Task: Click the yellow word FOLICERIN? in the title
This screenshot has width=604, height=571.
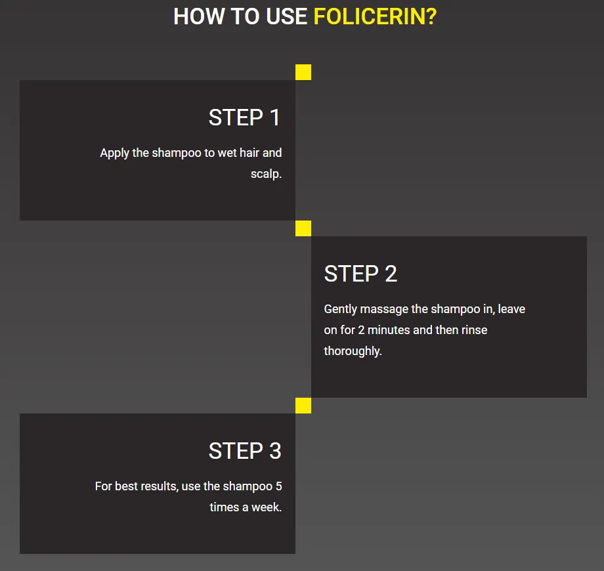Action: pos(375,16)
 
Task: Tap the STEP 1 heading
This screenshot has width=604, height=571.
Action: pos(244,118)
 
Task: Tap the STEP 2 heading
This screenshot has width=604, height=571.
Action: pos(360,274)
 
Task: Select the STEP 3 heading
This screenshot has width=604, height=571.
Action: pos(244,452)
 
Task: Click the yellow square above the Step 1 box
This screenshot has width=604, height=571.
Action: pos(303,72)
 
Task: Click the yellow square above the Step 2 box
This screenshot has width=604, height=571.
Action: pos(303,228)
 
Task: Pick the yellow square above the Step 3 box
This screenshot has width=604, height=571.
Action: pos(303,406)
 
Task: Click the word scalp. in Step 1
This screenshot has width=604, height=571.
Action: pos(266,175)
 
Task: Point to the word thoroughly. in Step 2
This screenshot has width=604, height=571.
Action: pos(353,351)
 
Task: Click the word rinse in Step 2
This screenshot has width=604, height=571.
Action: pos(474,330)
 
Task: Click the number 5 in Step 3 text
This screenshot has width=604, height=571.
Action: pos(278,486)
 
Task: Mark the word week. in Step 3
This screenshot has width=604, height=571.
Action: pos(266,507)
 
